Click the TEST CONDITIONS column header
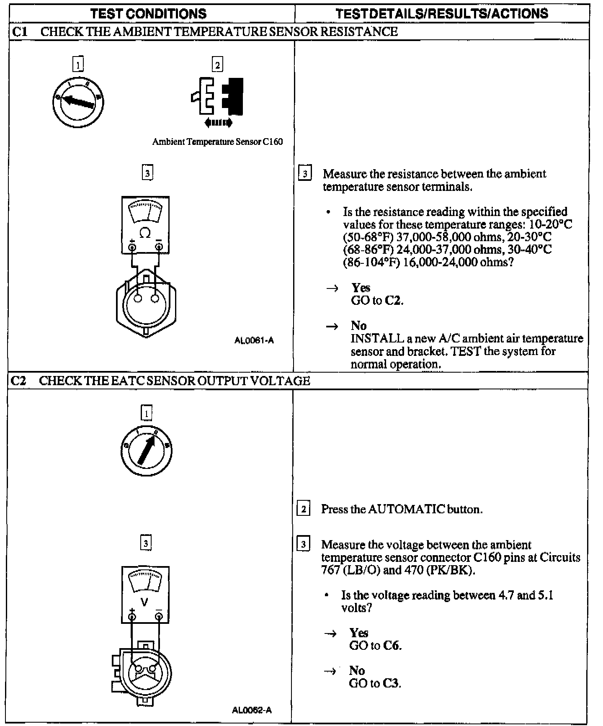point(149,13)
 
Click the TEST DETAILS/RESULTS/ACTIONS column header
point(442,13)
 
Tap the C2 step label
point(19,381)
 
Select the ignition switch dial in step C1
point(78,102)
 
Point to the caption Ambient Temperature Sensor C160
point(217,142)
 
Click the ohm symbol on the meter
point(145,233)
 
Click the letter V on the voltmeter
point(145,602)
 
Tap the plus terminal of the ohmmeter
point(132,247)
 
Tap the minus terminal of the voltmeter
point(159,616)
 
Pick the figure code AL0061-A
point(254,340)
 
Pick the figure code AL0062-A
point(252,710)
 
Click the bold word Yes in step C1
point(361,288)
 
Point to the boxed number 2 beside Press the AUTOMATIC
point(304,510)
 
